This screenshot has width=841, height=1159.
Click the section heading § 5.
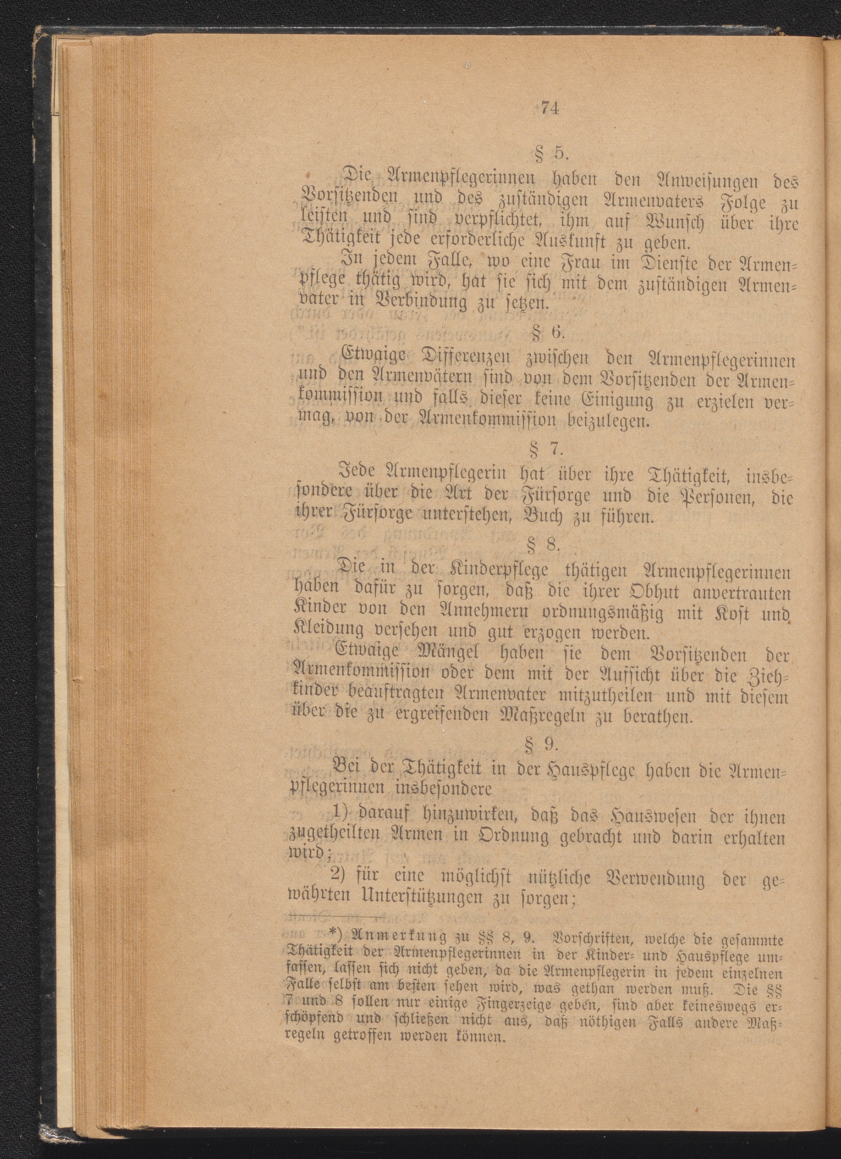coord(545,154)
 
